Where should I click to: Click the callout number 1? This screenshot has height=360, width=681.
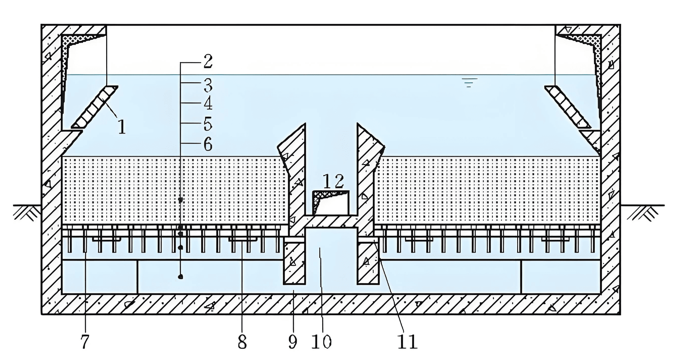pos(122,127)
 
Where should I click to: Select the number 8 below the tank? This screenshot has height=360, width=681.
pos(242,342)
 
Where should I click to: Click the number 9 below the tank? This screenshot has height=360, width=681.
pos(293,342)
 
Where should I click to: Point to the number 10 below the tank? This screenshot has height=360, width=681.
pos(321,342)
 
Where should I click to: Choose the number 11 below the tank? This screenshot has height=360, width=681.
pos(408,342)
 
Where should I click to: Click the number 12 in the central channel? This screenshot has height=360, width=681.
pos(333,181)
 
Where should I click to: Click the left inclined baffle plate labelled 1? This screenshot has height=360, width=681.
pos(95,107)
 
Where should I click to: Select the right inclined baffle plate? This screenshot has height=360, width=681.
pos(567,107)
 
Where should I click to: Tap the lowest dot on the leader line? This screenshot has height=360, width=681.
pos(180,277)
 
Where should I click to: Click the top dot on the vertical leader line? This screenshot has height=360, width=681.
pos(180,199)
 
